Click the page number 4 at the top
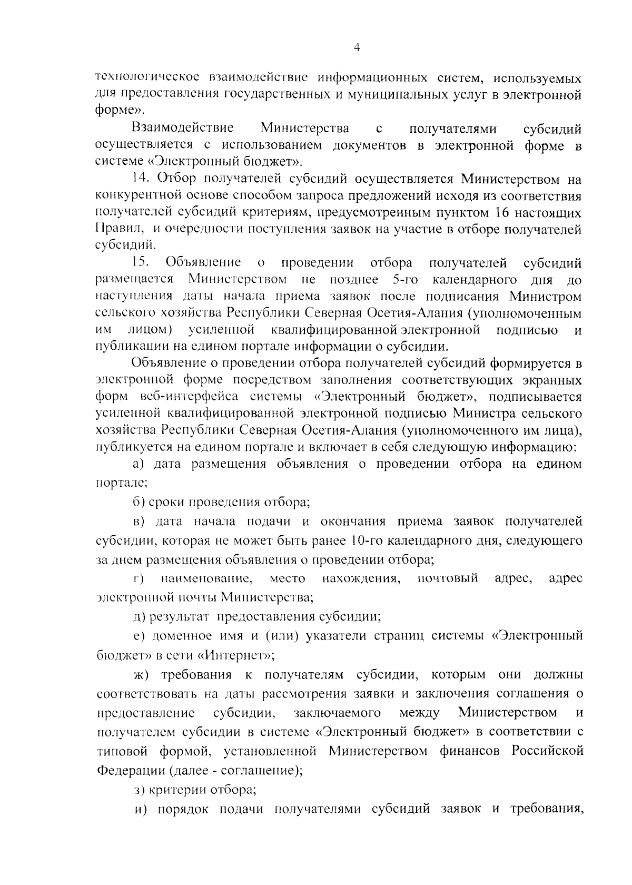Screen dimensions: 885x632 click(x=357, y=48)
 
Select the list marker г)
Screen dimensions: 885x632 click(x=139, y=579)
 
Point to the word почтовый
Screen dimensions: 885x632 click(x=448, y=579)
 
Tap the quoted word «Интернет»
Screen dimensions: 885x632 click(x=236, y=655)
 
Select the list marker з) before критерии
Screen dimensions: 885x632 click(x=138, y=790)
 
